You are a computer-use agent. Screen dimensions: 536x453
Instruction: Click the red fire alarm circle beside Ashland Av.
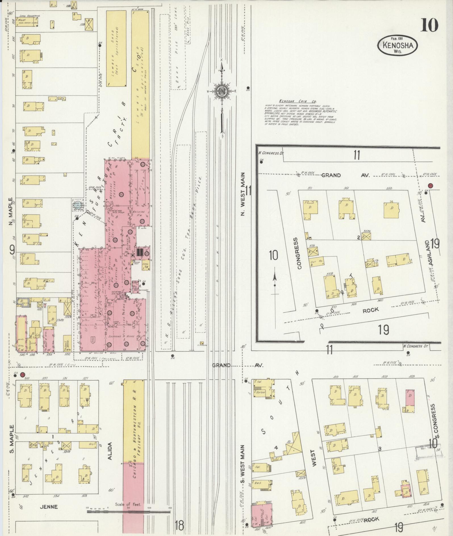430,186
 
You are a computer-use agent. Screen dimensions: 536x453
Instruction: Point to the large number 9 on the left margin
12,250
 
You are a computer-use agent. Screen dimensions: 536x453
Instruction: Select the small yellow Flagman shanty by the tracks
202,343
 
